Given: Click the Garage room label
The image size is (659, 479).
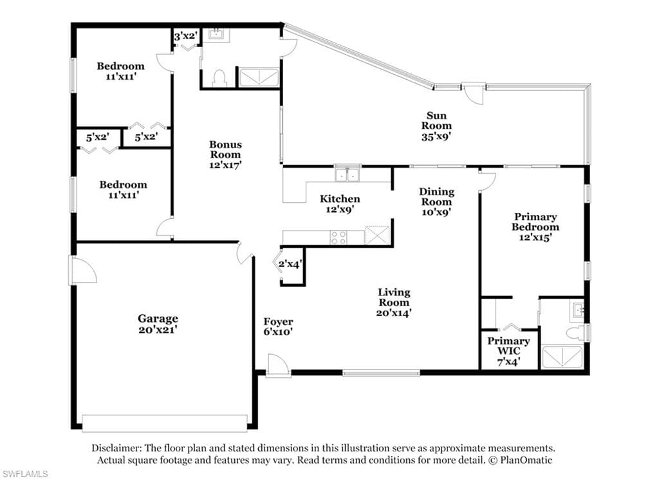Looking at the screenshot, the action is pos(158,324).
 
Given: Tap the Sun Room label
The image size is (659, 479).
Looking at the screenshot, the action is pos(436,126).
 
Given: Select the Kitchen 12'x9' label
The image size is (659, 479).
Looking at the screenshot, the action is pos(340,203).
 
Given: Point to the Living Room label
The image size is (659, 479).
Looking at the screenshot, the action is pos(394,303).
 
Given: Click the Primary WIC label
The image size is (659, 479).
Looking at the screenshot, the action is pos(508,351).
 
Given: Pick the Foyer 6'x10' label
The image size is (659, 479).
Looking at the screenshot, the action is pos(278,326).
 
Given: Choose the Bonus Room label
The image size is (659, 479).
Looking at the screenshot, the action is pos(226,155).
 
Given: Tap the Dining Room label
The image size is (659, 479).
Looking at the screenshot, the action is pos(437,202).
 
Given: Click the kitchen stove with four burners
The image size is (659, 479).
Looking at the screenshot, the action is pos(339,237).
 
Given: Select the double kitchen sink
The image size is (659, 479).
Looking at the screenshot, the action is pos(348,174).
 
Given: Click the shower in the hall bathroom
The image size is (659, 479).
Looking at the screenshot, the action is pos(259,77).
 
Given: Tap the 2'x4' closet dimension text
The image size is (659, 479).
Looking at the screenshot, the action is pos(290,264).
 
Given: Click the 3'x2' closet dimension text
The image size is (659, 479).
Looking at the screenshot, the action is pos(185,36).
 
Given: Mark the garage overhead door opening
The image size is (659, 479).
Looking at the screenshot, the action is pos(165,423).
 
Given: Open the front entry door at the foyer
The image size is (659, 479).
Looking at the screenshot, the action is pos(277,365).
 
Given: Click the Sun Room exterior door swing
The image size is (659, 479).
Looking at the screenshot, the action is pos(473,93).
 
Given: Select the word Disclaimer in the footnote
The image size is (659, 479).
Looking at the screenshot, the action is pos(116,448).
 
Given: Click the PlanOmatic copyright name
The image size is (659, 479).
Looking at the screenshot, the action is pos(526,460).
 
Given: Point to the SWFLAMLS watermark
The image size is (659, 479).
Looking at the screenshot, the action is pos(24,474).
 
